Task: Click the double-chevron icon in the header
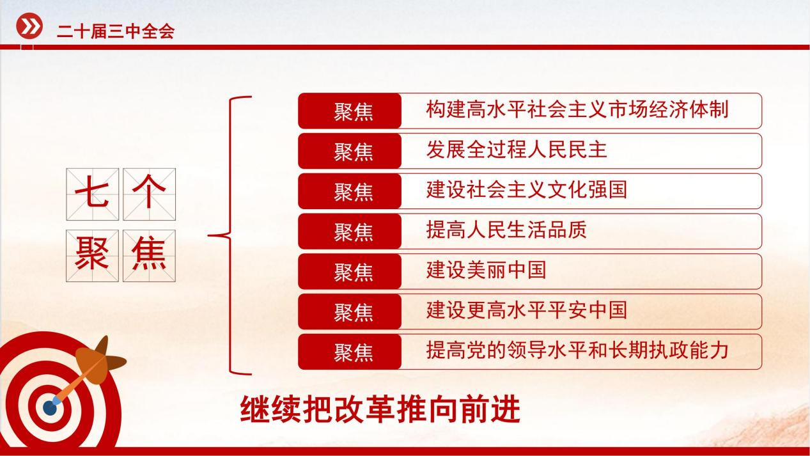29,26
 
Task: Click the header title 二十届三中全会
116,31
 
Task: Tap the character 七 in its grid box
92,194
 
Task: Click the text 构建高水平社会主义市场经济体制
577,109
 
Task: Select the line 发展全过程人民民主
517,150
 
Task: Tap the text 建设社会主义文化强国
527,190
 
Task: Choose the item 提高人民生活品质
506,230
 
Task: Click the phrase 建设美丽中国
486,270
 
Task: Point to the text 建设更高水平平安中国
527,310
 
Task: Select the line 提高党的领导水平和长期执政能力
577,350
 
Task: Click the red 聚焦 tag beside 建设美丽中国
350,272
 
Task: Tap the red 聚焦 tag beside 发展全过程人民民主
350,151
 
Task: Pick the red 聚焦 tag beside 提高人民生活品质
350,232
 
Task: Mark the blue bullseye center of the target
50,408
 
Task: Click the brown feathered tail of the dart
100,358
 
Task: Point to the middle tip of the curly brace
209,236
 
